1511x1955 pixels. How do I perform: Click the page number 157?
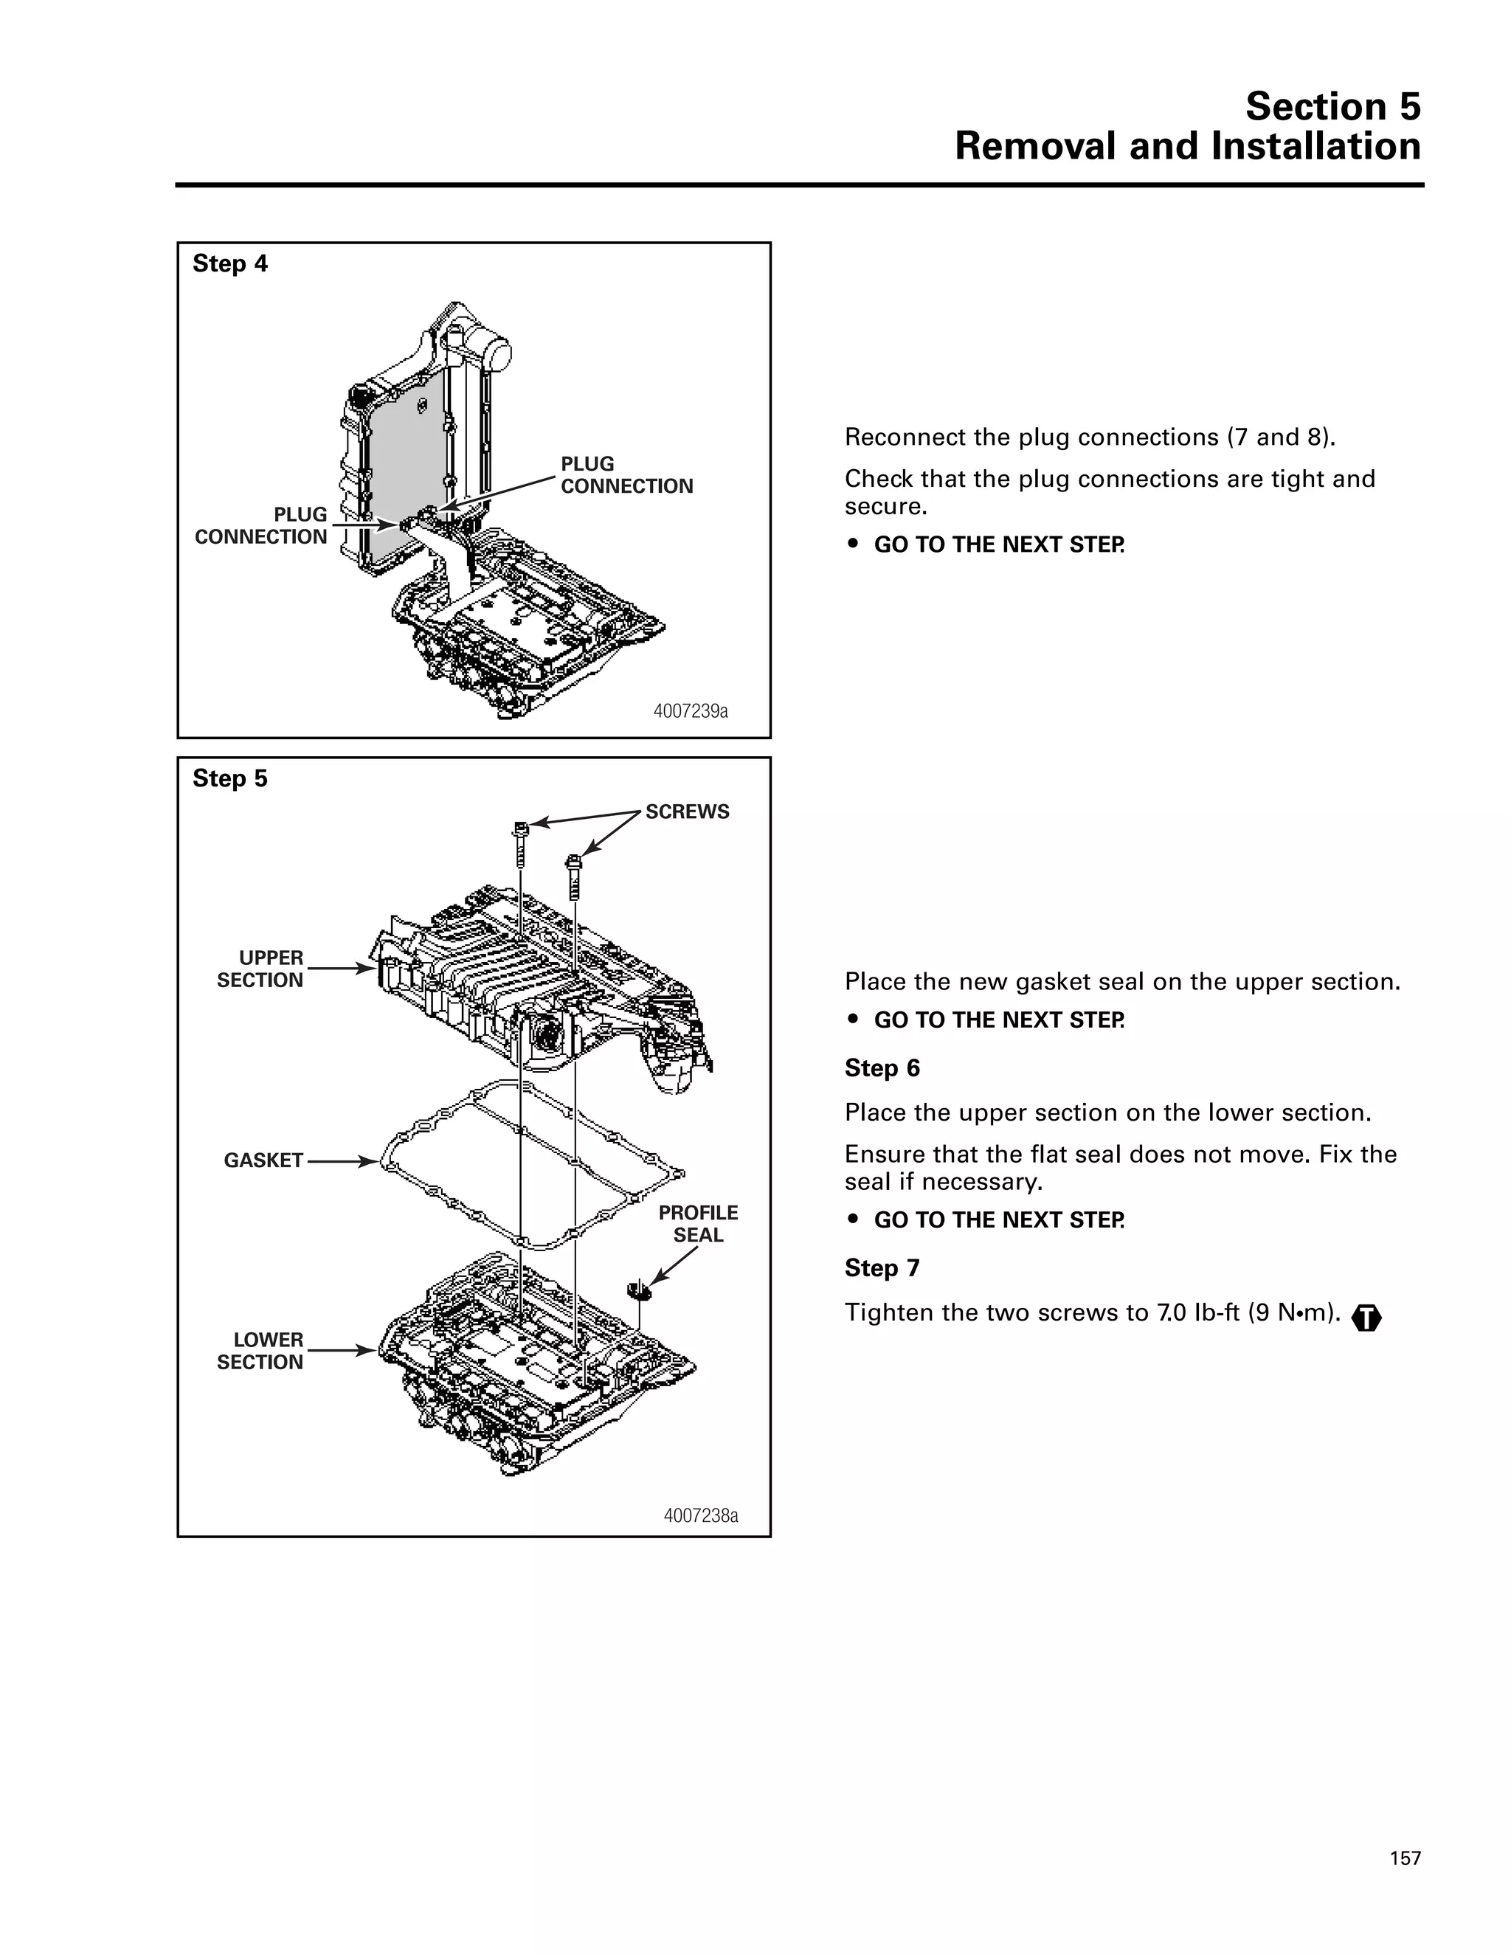pyautogui.click(x=1405, y=1858)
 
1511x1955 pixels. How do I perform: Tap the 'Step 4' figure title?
pyautogui.click(x=230, y=264)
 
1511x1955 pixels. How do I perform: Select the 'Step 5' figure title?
pyautogui.click(x=230, y=779)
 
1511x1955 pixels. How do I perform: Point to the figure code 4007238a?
pyautogui.click(x=700, y=1515)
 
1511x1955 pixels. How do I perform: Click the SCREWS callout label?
pyautogui.click(x=687, y=812)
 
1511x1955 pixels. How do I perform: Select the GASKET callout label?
pyautogui.click(x=263, y=1160)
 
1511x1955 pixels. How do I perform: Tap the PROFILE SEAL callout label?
pyautogui.click(x=698, y=1224)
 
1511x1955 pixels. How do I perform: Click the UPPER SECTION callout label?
pyautogui.click(x=260, y=969)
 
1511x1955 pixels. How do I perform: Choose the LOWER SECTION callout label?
pyautogui.click(x=260, y=1351)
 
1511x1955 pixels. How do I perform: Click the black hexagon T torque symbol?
pyautogui.click(x=1366, y=1318)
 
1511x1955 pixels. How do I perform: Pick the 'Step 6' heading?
pyautogui.click(x=882, y=1068)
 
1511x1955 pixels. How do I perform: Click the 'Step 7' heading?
pyautogui.click(x=882, y=1267)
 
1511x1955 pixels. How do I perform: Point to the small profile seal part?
pyautogui.click(x=638, y=1290)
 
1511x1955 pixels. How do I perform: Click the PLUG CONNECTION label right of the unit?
pyautogui.click(x=626, y=475)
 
